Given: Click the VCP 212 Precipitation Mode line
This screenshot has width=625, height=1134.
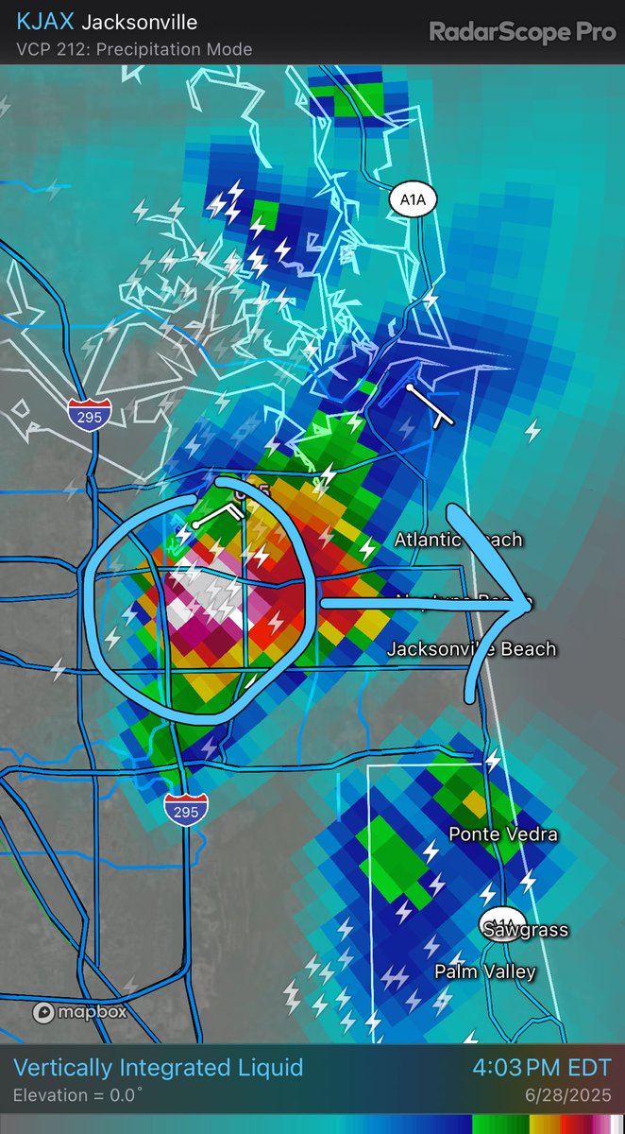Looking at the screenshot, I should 135,49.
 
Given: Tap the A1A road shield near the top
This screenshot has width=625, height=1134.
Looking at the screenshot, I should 412,199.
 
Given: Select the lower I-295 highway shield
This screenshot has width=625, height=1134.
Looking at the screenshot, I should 185,810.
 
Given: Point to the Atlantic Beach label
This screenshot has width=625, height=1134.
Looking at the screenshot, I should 458,541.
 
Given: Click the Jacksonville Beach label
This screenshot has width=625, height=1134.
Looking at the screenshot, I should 471,649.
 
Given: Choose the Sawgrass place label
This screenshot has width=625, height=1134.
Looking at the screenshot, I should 526,930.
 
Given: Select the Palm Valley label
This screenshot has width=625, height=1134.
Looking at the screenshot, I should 485,971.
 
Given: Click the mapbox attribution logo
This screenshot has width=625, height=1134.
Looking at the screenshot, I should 80,1012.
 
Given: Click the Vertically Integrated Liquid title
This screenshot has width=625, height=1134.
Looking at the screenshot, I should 159,1069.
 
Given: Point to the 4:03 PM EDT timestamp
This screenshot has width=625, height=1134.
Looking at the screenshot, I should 542,1069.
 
